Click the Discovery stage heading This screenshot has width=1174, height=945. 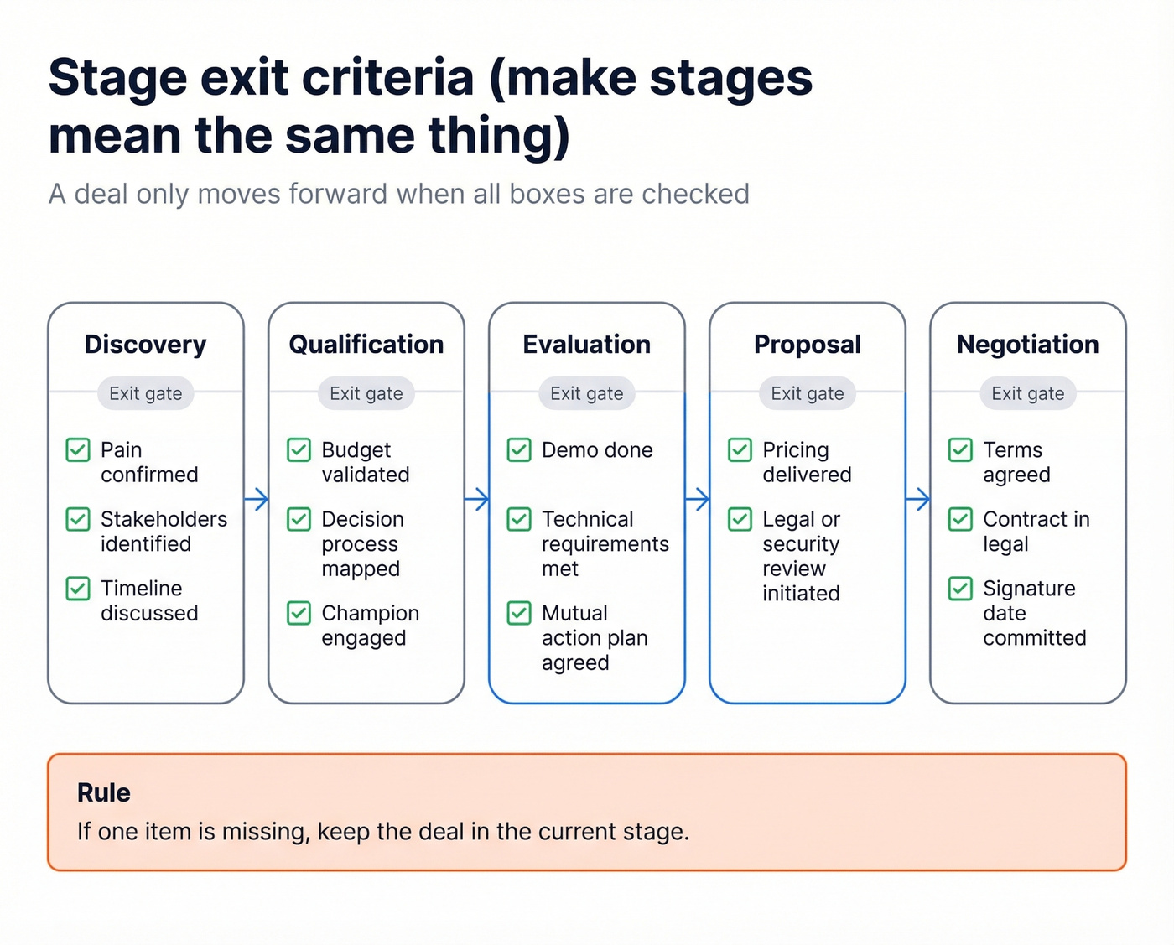click(x=145, y=345)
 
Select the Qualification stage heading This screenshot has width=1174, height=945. click(x=366, y=345)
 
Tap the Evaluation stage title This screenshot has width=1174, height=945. click(x=586, y=345)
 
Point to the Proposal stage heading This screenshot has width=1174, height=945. click(x=807, y=345)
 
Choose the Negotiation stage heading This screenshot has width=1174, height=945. click(x=1027, y=345)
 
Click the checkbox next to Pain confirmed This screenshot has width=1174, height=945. click(x=78, y=450)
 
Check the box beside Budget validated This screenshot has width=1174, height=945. click(x=299, y=450)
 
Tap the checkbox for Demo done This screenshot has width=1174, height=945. click(x=519, y=450)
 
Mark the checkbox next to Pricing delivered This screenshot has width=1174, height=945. click(x=740, y=450)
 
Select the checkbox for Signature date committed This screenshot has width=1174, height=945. click(x=960, y=589)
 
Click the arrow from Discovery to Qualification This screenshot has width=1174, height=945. click(x=257, y=500)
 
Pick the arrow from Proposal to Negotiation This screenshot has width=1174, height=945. click(x=918, y=500)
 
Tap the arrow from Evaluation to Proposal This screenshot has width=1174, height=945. click(x=698, y=500)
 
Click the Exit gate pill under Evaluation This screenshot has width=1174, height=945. click(x=586, y=393)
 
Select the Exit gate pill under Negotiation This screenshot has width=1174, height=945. click(x=1027, y=393)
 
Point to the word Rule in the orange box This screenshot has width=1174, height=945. click(x=103, y=793)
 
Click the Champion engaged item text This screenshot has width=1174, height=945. click(x=369, y=626)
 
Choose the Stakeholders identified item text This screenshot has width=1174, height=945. click(x=164, y=532)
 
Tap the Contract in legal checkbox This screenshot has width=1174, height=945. click(x=960, y=520)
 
